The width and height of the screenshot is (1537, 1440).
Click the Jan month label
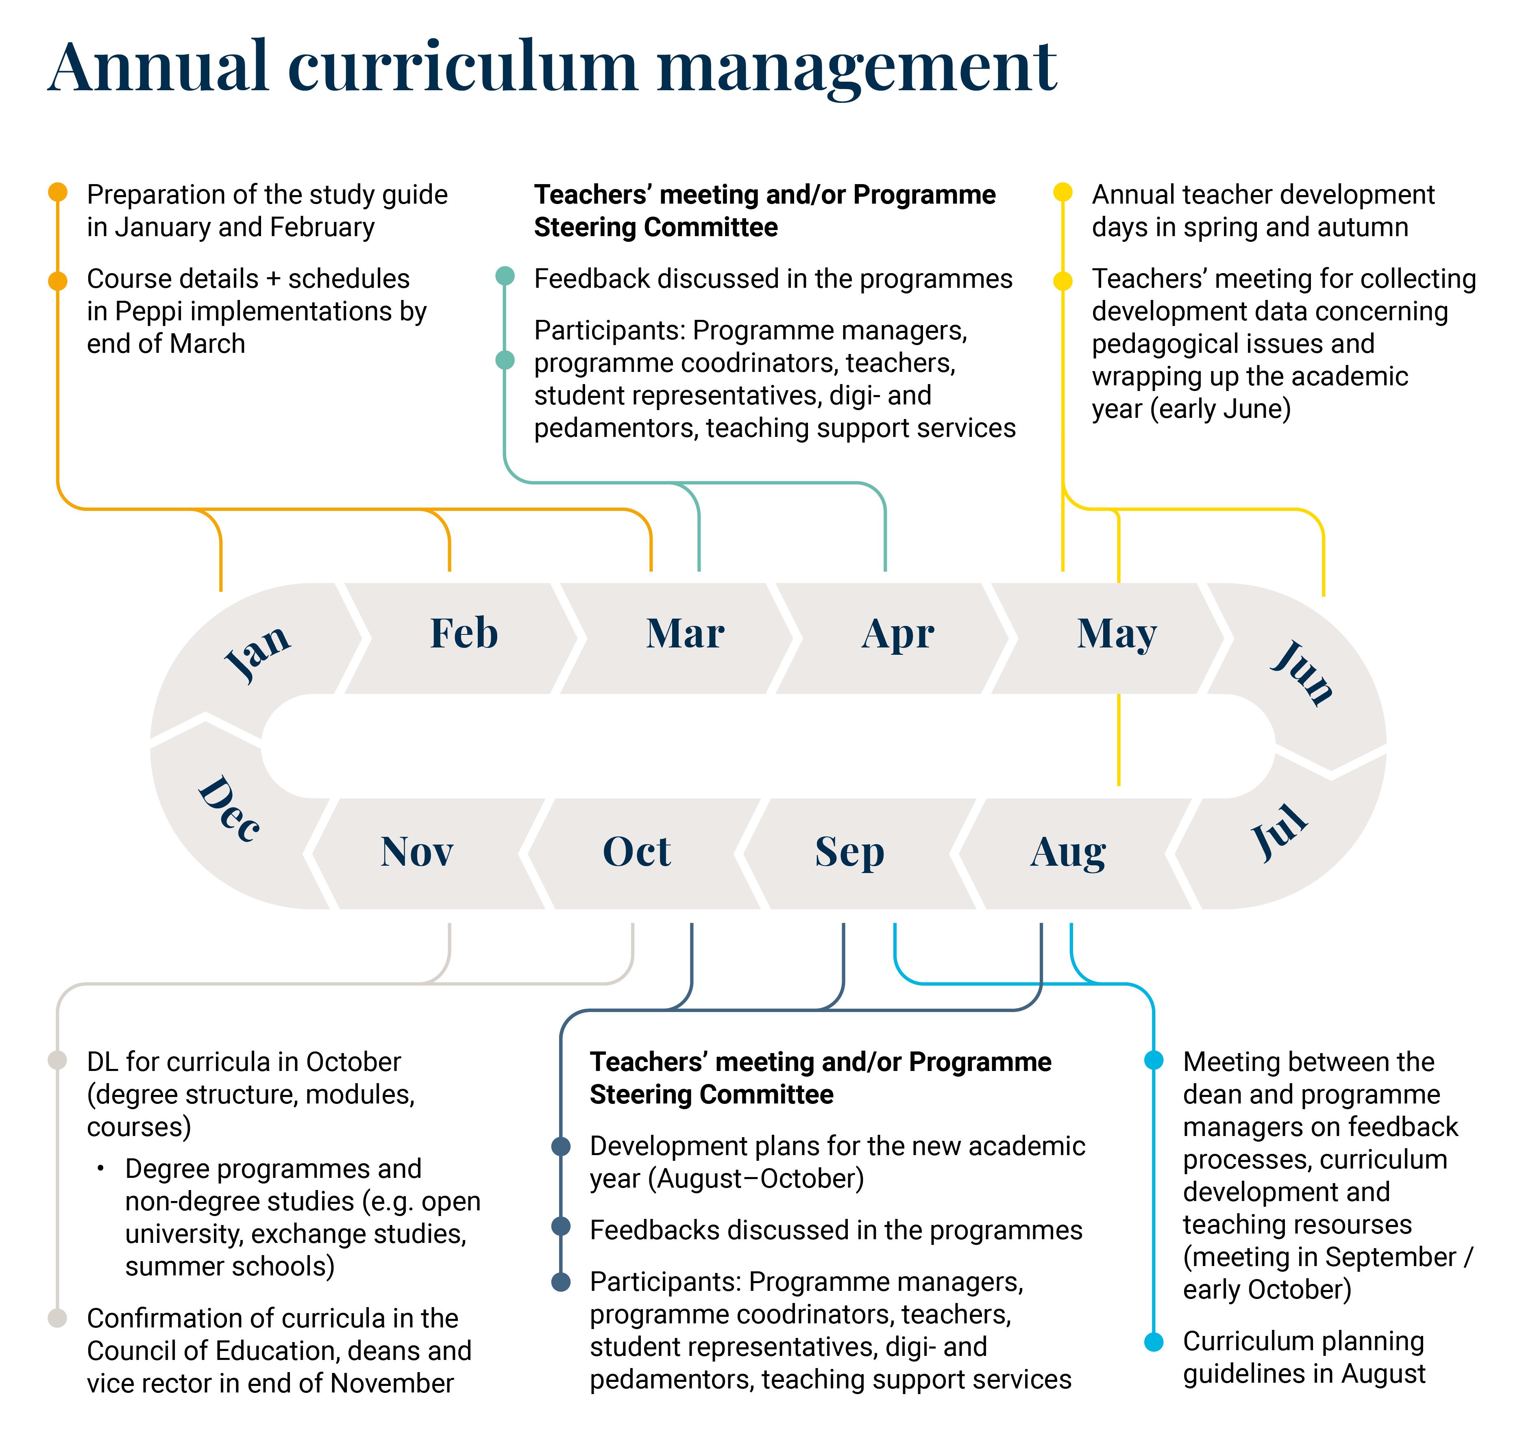point(257,653)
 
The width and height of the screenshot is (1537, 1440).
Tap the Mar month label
point(685,633)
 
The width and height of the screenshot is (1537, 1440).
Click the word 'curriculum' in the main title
point(462,67)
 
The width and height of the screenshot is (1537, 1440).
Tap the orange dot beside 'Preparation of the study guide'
point(58,192)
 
